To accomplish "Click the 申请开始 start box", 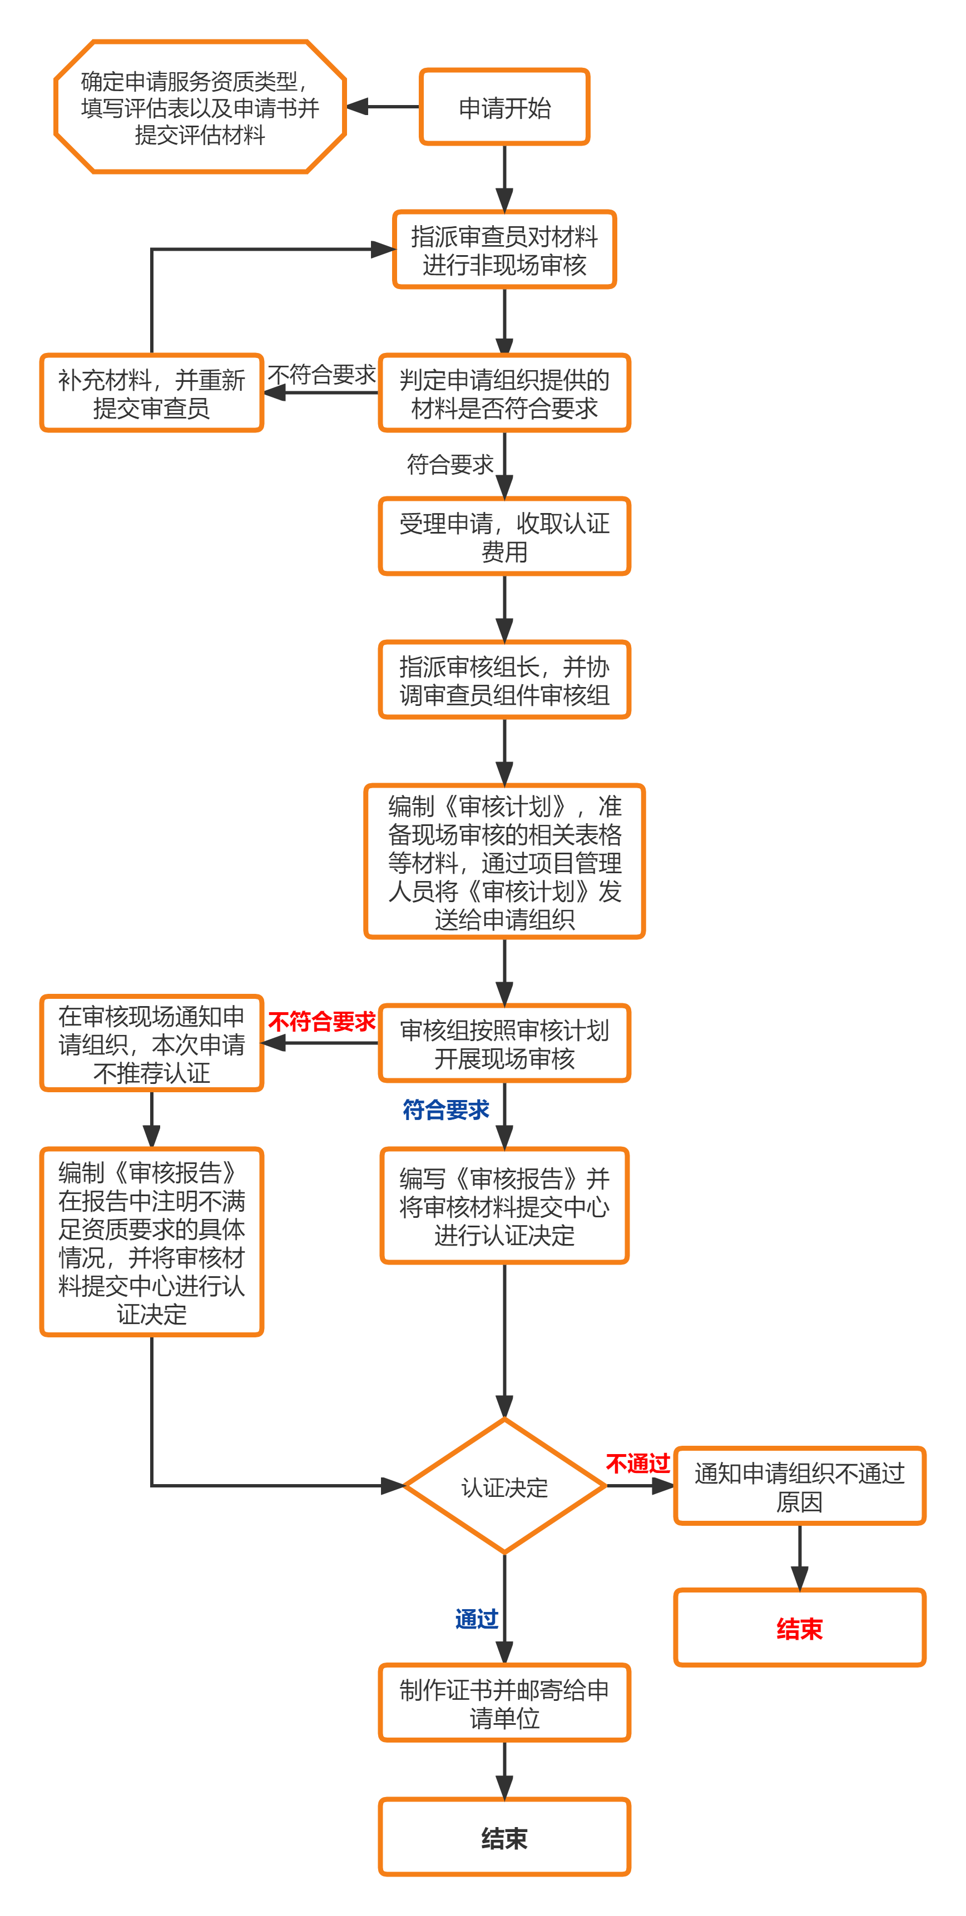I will click(x=504, y=107).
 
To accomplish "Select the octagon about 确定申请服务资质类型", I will click(x=200, y=107).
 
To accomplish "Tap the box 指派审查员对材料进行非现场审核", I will click(x=504, y=250).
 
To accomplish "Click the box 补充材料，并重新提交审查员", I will click(x=152, y=393).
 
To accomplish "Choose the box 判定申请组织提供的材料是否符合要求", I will click(x=504, y=393).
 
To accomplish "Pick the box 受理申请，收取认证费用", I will click(x=504, y=536).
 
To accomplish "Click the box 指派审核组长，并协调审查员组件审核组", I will click(x=504, y=680).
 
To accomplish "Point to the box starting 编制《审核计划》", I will click(x=504, y=862).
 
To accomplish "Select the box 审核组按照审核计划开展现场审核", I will click(x=504, y=1043).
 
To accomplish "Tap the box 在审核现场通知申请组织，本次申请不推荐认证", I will click(x=152, y=1043).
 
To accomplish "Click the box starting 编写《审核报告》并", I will click(x=504, y=1206).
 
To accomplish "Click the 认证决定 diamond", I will click(x=504, y=1486).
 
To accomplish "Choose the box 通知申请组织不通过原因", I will click(x=799, y=1486).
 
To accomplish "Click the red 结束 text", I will click(x=799, y=1629).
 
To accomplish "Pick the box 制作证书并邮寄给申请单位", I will click(x=504, y=1703).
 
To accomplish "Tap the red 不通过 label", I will click(x=638, y=1464).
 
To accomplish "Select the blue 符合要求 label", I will click(x=446, y=1109).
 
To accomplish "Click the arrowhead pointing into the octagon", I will click(x=357, y=107).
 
